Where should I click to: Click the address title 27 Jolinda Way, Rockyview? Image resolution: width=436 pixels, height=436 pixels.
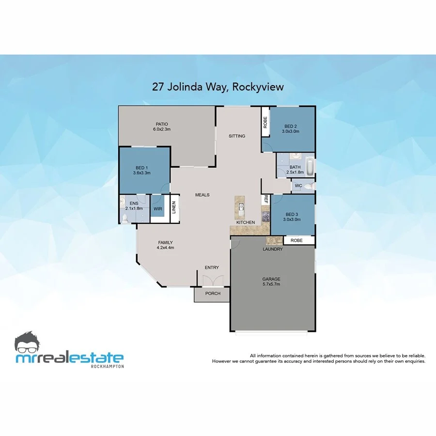218,87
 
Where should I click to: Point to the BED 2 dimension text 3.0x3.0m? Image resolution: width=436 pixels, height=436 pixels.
291,131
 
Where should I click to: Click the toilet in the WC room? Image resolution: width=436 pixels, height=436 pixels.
310,186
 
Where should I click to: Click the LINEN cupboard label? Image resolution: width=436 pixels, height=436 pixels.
174,208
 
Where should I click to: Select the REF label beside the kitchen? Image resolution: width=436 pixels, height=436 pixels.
265,199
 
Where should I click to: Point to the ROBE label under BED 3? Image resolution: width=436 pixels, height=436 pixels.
296,240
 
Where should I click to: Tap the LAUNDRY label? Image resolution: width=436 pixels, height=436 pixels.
272,249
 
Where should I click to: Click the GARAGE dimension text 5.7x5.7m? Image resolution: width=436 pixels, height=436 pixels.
271,284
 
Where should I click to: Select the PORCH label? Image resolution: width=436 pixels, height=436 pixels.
213,294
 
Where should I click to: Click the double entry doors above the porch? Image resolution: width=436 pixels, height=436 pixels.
212,281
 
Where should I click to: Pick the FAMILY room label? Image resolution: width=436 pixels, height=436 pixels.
165,242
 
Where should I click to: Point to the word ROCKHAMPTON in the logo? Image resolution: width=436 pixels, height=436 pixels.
107,366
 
